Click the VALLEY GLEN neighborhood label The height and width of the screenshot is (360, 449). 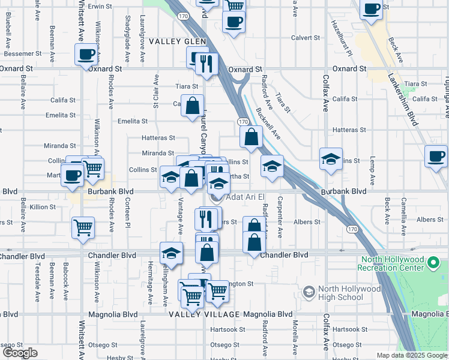pyautogui.click(x=177, y=41)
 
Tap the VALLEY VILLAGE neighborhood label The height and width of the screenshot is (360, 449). pyautogui.click(x=198, y=314)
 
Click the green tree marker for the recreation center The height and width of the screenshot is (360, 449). pyautogui.click(x=436, y=263)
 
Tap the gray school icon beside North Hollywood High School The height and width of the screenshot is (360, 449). pyautogui.click(x=309, y=292)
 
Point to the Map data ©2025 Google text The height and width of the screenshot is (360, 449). pyautogui.click(x=411, y=355)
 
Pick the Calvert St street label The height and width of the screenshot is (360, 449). pyautogui.click(x=306, y=38)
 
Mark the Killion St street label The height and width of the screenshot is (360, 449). pyautogui.click(x=43, y=207)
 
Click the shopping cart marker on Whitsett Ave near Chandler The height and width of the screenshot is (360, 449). pyautogui.click(x=82, y=227)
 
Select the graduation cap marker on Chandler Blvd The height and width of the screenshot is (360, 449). pyautogui.click(x=171, y=252)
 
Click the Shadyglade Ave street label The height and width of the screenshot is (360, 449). pyautogui.click(x=127, y=47)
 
